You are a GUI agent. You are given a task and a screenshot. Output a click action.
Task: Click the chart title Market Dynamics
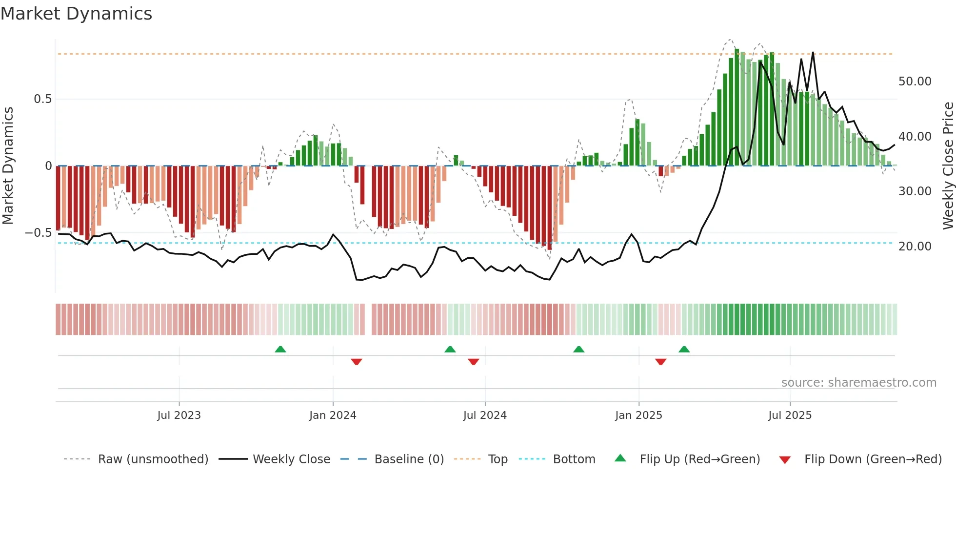click(x=77, y=14)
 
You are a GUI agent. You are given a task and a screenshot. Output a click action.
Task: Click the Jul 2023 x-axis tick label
click(x=179, y=415)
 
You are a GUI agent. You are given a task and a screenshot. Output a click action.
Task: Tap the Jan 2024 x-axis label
click(x=333, y=415)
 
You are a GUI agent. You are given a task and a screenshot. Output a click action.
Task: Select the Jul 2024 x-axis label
click(x=485, y=415)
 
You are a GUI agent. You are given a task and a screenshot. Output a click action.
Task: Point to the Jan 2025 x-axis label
click(x=638, y=415)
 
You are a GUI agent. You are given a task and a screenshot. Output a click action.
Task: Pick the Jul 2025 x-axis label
click(x=790, y=415)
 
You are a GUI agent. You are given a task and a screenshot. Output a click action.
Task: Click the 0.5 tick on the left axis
click(x=42, y=99)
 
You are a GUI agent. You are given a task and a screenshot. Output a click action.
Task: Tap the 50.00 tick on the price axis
click(x=915, y=82)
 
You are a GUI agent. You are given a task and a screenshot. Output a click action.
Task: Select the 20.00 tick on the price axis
click(x=915, y=247)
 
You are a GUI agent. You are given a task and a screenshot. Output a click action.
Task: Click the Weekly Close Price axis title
click(x=948, y=166)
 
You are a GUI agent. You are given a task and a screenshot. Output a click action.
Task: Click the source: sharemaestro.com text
click(x=858, y=383)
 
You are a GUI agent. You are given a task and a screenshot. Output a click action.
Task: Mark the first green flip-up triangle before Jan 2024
click(x=280, y=350)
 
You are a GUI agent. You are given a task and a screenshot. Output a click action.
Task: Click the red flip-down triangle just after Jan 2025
click(x=661, y=362)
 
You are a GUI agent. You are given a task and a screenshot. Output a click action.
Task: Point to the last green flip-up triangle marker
click(x=684, y=350)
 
